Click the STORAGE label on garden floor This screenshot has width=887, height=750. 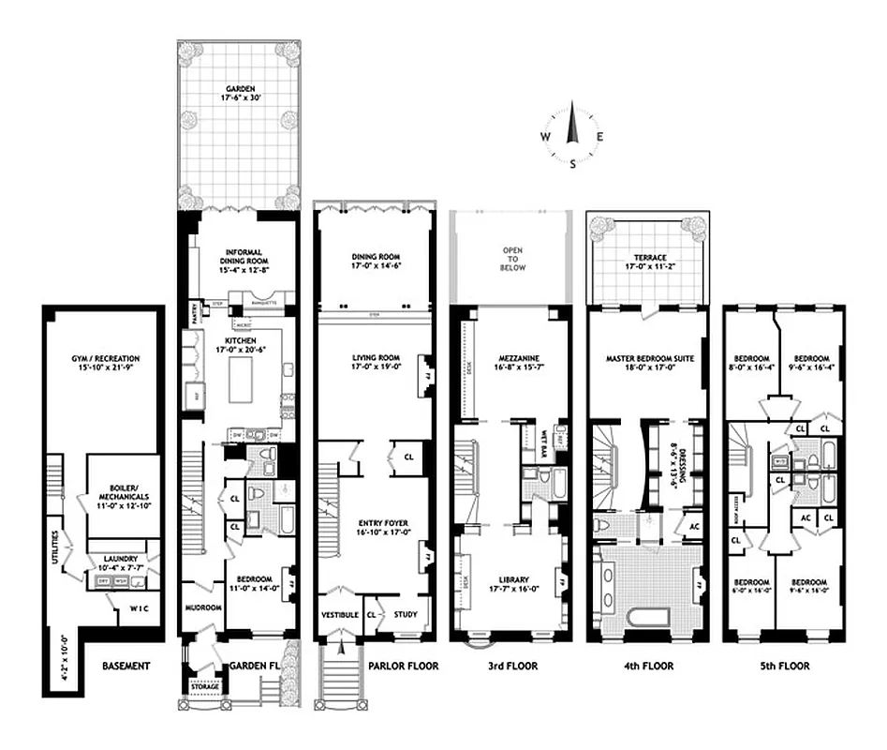(205, 687)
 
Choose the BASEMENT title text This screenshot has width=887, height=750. (126, 667)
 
